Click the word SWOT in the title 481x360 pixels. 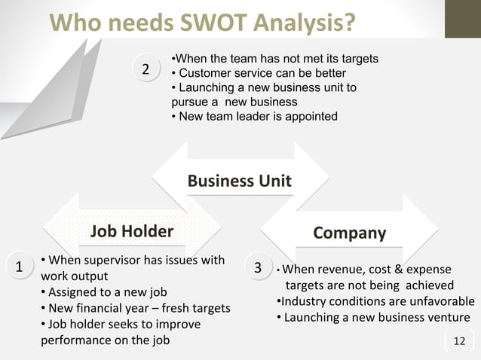[207, 24]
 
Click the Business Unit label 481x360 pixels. [239, 181]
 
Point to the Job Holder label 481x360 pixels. [132, 231]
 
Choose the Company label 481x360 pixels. [349, 233]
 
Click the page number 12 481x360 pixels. [459, 342]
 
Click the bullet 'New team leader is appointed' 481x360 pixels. [255, 116]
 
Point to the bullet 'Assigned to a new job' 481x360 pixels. [103, 292]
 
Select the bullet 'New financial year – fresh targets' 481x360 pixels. [135, 308]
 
